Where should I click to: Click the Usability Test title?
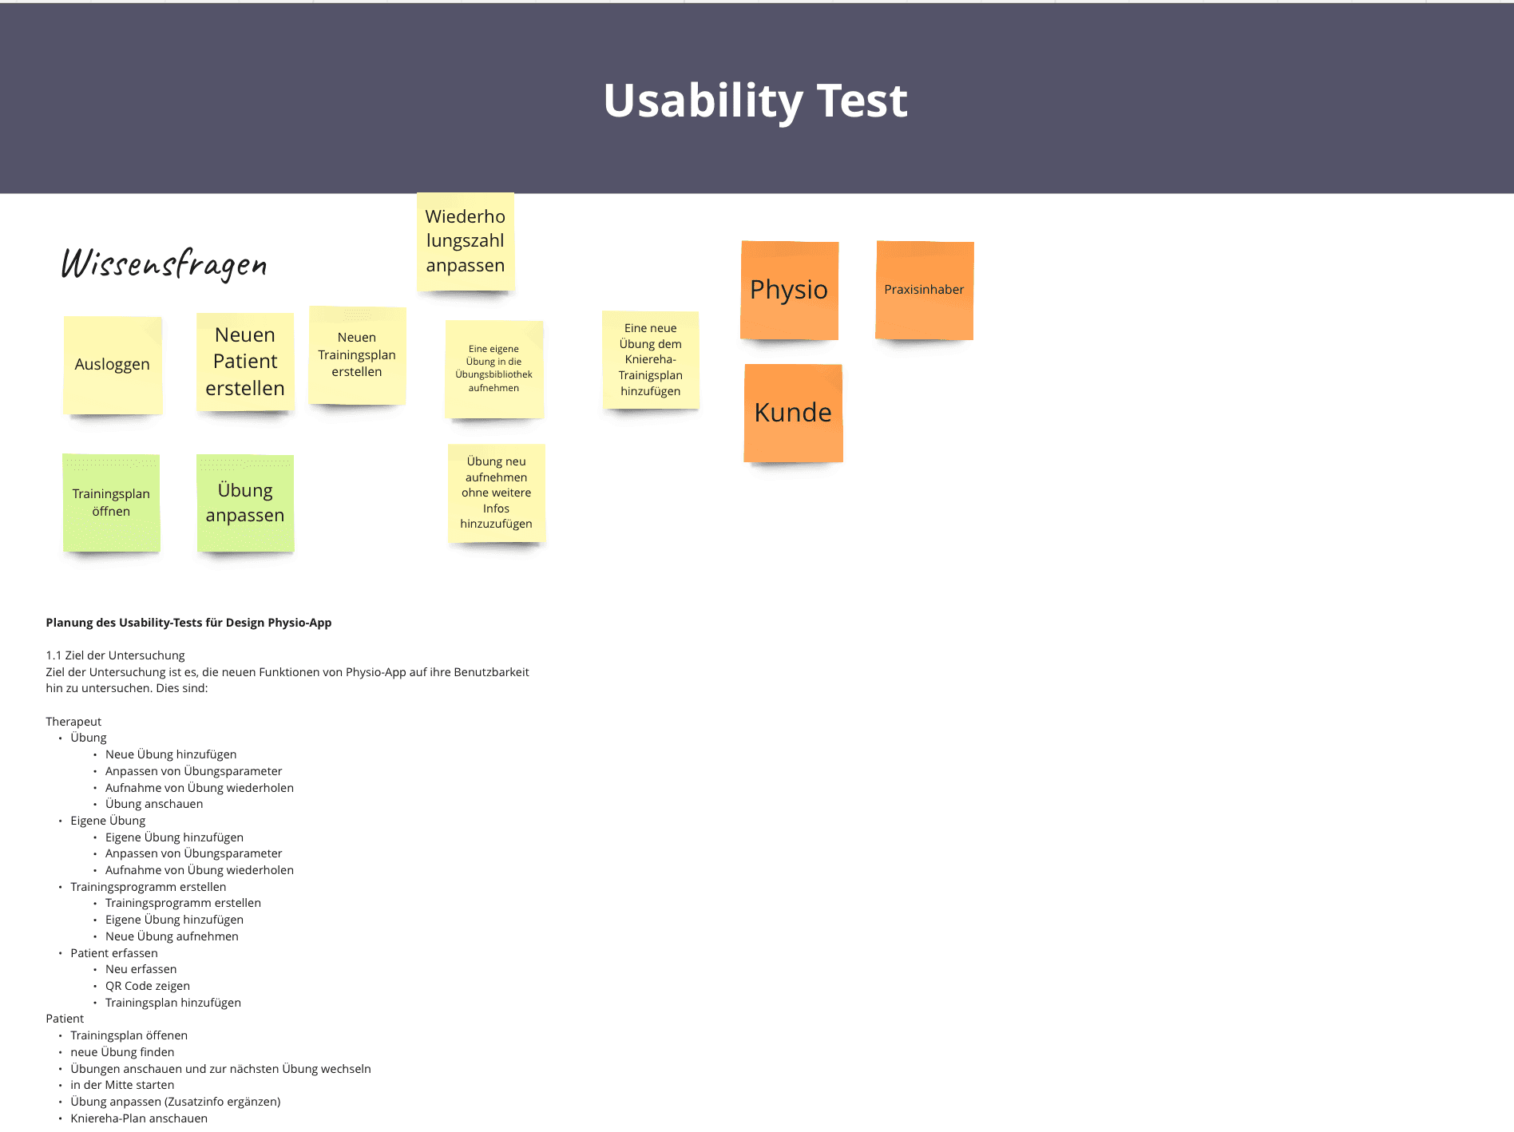coord(755,101)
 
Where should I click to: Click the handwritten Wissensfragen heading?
coord(164,263)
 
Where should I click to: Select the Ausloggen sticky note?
coord(113,365)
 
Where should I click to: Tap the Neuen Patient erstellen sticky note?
coord(245,362)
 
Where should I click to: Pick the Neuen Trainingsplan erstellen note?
coord(357,355)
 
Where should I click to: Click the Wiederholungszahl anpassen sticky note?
coord(466,241)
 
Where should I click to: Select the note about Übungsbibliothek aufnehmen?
coord(494,369)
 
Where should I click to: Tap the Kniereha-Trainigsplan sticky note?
coord(651,360)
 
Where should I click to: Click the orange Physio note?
coord(789,290)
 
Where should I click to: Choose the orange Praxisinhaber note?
coord(924,290)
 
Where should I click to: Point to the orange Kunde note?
coord(793,414)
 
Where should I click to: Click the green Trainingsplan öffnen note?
coord(111,503)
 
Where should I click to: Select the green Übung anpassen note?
coord(245,503)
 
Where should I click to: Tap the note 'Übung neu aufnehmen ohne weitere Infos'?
coord(497,493)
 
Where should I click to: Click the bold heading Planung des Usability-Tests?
coord(188,623)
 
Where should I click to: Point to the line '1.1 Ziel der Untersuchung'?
coord(115,655)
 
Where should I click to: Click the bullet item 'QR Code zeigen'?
coord(148,986)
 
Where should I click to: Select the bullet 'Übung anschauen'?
coord(154,804)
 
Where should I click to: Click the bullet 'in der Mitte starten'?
coord(122,1085)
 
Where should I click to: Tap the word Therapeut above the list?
coord(73,722)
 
